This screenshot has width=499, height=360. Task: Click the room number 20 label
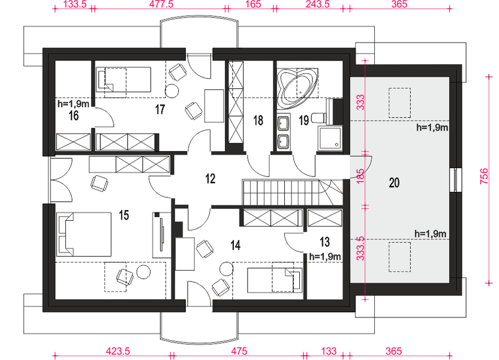[x=394, y=183]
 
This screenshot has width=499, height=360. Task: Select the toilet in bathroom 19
[x=318, y=118]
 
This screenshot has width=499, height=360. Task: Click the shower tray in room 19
[x=330, y=137]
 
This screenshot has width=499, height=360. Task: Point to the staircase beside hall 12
[x=293, y=193]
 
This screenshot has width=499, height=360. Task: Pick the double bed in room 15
[x=84, y=234]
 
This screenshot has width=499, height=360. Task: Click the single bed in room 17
[x=124, y=80]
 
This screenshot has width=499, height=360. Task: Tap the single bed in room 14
[x=275, y=280]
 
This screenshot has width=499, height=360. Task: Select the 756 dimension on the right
[x=483, y=176]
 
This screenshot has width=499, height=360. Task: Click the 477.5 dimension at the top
[x=161, y=4]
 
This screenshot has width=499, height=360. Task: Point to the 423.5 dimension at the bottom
[x=118, y=351]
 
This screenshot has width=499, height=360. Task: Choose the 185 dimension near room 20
[x=360, y=176]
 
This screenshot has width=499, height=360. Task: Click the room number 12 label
[x=211, y=179]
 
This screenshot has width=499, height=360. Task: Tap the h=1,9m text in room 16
[x=73, y=104]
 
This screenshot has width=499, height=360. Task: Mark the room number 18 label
[x=258, y=121]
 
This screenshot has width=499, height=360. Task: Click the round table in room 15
[x=143, y=272]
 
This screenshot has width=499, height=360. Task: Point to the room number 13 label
[x=324, y=242]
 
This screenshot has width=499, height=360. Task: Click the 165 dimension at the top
[x=253, y=4]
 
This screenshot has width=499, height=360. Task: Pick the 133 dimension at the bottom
[x=329, y=351]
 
